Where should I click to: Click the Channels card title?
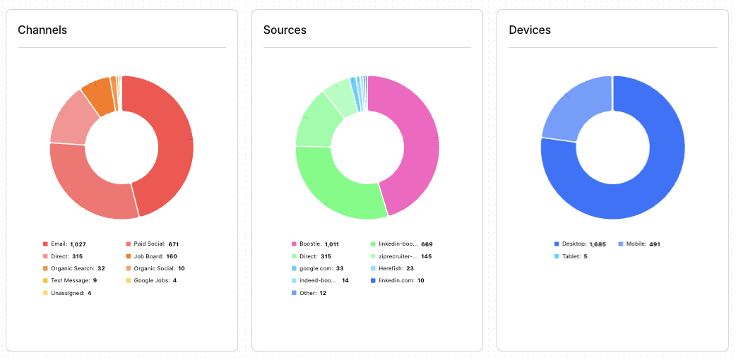(42, 30)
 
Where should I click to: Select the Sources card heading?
(285, 30)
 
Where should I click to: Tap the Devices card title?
(530, 30)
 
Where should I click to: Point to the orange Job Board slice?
(97, 100)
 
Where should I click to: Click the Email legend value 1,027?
(78, 244)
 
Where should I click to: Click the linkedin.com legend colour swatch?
(373, 280)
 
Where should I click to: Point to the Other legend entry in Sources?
(309, 293)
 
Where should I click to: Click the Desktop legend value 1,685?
(599, 244)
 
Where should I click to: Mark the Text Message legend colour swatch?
(45, 280)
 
